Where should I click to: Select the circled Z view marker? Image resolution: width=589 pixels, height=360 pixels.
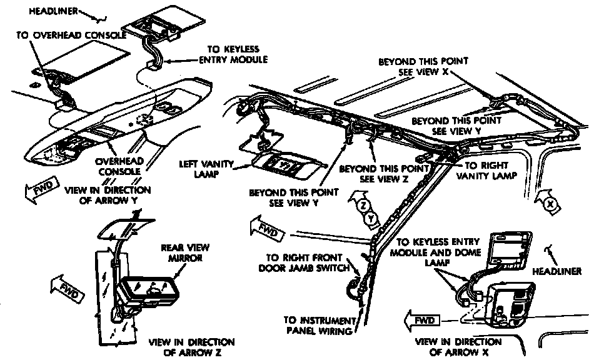click(x=364, y=205)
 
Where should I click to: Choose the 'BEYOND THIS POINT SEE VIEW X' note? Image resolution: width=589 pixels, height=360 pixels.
click(x=423, y=67)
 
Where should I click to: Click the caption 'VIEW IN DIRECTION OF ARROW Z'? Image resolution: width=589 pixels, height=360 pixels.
click(x=192, y=347)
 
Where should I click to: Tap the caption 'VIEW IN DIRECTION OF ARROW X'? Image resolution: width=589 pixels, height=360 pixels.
click(x=458, y=347)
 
